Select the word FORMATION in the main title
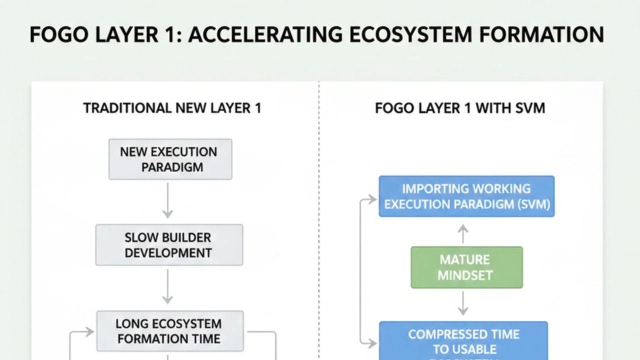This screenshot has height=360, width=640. pos(541,35)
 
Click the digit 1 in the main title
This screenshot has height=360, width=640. pos(169,35)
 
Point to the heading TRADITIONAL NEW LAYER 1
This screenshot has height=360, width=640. pos(172,108)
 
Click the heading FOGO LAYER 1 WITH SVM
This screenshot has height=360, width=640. pos(459,108)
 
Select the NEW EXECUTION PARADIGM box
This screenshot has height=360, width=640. pos(170,159)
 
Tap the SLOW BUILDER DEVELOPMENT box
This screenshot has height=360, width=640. pos(169,244)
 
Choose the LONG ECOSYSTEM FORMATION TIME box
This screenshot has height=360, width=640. pos(169,331)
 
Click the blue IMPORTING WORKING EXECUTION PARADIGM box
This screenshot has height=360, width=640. pos(466,196)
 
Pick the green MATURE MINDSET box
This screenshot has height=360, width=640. pos(466,267)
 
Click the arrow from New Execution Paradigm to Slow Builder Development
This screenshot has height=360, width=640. pos(168,200)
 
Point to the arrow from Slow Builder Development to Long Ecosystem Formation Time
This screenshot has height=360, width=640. pos(168,286)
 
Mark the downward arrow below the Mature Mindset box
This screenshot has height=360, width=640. pos(463,303)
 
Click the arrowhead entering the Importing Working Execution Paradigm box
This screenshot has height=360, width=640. pos(373,199)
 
